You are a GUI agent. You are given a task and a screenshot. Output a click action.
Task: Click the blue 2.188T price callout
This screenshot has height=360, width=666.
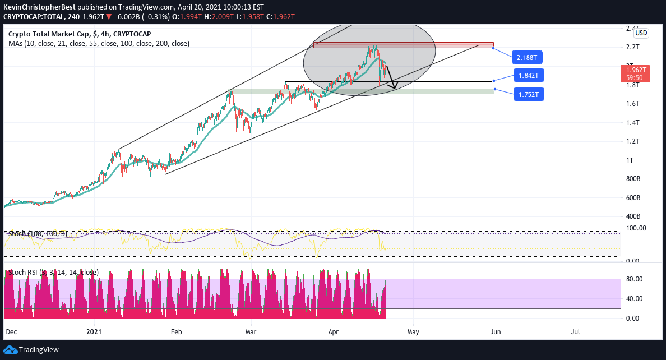[x=529, y=58]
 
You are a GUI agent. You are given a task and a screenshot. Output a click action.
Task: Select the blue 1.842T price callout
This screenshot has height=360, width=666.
[x=529, y=76]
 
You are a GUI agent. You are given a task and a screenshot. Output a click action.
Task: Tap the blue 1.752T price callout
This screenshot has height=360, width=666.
[x=529, y=95]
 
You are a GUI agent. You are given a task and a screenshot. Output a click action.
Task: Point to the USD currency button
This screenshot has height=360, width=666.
[x=641, y=33]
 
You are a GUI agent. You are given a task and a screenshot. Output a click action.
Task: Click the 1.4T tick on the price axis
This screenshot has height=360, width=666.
[x=633, y=122]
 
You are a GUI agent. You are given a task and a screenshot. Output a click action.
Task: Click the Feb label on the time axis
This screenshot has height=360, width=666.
[x=177, y=331]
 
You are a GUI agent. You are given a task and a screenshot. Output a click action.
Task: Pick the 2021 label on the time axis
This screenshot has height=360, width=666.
[x=95, y=331]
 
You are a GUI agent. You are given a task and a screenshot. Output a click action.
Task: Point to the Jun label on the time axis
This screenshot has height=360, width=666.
[x=496, y=331]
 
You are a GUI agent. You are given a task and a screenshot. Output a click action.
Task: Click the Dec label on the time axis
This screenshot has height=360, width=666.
[x=11, y=331]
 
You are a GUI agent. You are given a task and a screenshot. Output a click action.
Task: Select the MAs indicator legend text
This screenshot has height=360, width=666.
[x=99, y=43]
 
